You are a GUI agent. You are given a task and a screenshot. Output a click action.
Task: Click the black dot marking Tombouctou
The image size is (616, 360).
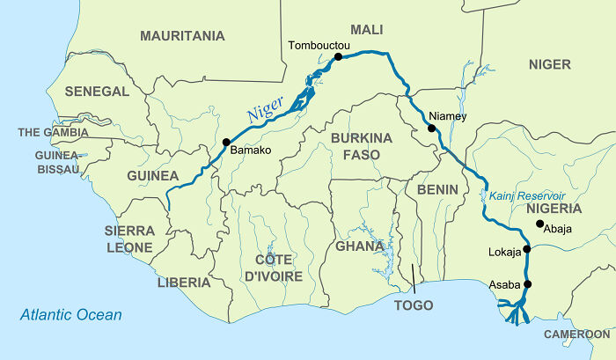[x=337, y=57]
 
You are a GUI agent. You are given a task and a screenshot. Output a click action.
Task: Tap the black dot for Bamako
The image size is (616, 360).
[x=226, y=141]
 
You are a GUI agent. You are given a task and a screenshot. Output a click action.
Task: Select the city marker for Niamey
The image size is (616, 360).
[x=431, y=129]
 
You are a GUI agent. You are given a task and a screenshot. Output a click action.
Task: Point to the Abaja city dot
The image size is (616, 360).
[x=539, y=224]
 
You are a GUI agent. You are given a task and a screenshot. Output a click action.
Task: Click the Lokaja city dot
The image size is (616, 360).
[x=526, y=249]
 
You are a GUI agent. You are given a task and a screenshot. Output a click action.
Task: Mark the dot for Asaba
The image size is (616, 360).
[x=528, y=283]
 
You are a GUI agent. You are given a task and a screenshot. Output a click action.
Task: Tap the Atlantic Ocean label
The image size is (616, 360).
[x=71, y=314]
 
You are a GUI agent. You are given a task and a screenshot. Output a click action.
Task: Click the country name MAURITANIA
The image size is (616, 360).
[x=182, y=36]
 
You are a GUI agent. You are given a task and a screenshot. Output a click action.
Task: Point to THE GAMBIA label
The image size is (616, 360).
[x=53, y=133]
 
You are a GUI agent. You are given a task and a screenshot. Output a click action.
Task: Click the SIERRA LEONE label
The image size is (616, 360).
[x=130, y=239]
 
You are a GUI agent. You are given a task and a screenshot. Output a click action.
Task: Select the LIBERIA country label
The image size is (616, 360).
[x=184, y=283]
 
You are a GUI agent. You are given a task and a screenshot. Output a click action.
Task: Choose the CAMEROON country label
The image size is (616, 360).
[x=576, y=334]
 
